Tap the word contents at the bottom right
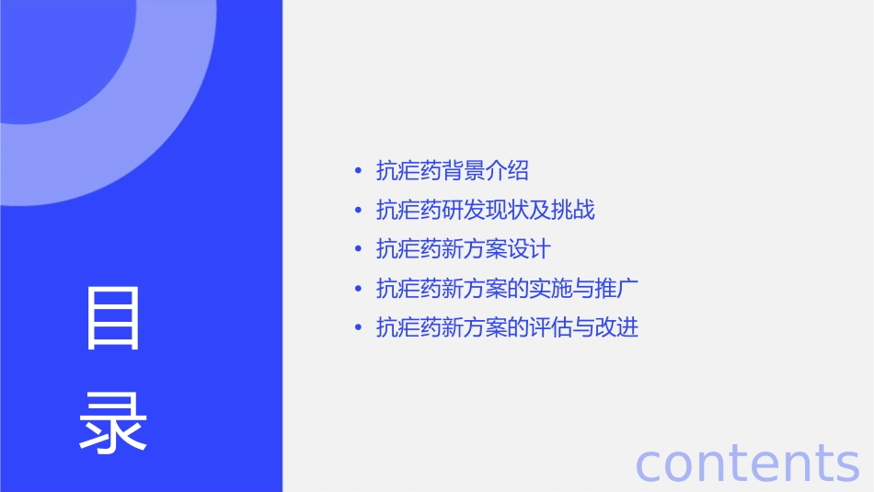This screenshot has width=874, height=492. tap(747, 463)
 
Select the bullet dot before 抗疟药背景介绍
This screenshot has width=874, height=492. tap(358, 170)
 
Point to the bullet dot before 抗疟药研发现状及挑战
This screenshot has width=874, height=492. tap(358, 210)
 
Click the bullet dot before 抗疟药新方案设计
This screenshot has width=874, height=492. tap(358, 249)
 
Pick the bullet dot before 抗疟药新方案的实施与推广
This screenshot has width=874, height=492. tap(358, 289)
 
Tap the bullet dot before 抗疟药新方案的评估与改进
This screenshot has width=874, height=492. tap(358, 327)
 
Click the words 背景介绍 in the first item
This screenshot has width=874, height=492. tap(486, 170)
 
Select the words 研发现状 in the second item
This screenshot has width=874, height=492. tap(486, 210)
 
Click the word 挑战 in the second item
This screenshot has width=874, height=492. tap(573, 210)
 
